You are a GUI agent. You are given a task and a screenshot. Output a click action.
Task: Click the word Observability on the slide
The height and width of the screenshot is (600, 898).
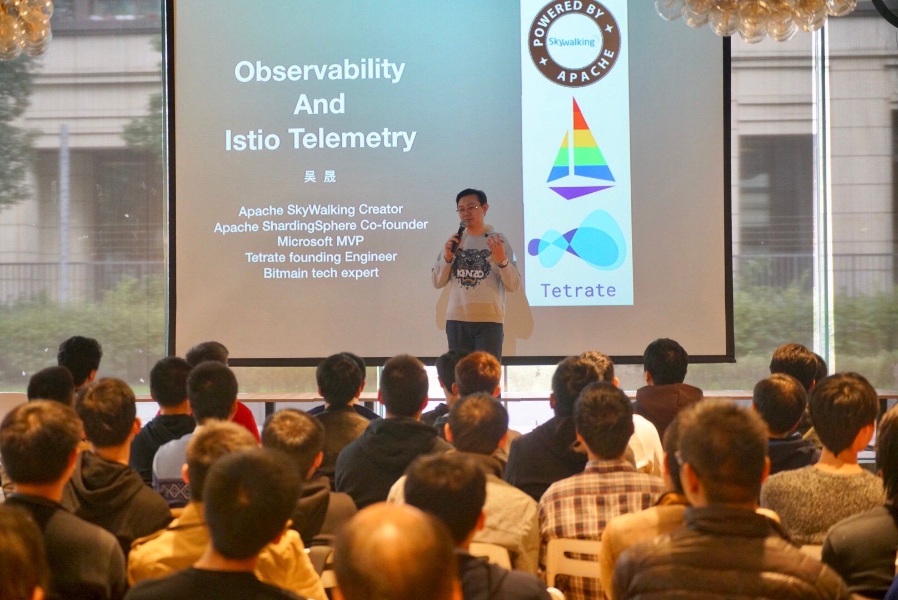click(320, 71)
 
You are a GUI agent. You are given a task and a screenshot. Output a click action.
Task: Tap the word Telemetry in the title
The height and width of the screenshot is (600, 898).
click(352, 139)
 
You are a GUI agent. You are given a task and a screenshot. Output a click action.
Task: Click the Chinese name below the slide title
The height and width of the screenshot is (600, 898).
click(320, 176)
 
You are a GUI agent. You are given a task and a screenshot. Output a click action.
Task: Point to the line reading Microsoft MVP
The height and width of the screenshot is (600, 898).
click(320, 241)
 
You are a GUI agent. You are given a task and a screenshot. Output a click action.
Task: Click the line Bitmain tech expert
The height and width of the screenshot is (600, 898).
click(321, 273)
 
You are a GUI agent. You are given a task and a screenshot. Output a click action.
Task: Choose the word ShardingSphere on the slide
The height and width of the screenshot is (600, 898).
click(309, 227)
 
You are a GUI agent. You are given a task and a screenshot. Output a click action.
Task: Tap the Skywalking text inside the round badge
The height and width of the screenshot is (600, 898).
click(572, 42)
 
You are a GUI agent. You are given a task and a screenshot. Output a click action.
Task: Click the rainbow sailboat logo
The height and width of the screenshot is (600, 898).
click(580, 148)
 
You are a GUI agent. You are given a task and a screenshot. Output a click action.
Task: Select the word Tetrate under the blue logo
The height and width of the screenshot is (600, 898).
click(578, 291)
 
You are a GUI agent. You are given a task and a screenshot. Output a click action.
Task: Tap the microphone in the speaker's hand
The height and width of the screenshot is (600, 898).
click(458, 237)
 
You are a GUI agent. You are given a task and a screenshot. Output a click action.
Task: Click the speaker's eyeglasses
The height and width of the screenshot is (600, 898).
click(468, 209)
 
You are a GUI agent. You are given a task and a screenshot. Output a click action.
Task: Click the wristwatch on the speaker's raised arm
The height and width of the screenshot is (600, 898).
click(503, 263)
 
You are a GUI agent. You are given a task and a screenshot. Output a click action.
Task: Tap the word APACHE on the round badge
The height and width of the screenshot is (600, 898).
click(588, 69)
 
